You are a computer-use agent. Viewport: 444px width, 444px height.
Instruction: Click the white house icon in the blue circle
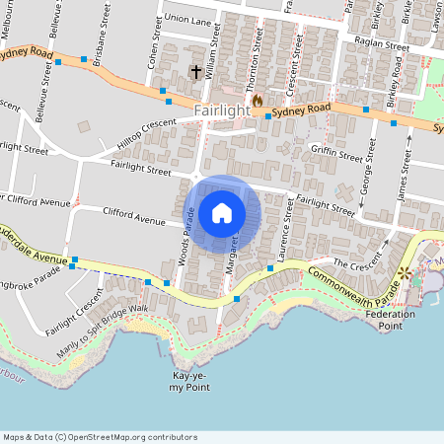click(x=222, y=212)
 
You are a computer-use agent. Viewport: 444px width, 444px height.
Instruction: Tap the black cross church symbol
click(x=195, y=72)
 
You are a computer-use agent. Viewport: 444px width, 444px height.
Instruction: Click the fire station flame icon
click(x=257, y=100)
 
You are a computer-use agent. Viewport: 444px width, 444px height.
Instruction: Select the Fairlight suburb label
click(x=222, y=111)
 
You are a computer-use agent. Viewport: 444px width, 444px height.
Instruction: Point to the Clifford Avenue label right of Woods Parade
click(x=134, y=216)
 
